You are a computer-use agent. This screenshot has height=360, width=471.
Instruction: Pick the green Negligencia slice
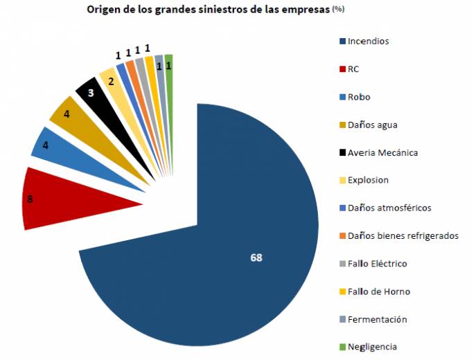(x=169, y=76)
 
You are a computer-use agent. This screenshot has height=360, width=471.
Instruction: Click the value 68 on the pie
(x=256, y=258)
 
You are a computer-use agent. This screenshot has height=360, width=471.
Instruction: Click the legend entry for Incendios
(x=368, y=41)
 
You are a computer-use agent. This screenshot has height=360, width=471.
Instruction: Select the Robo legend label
(x=359, y=96)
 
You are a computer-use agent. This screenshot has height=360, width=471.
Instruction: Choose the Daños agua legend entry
(x=373, y=125)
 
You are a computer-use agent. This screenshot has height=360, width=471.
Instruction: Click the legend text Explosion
(x=368, y=180)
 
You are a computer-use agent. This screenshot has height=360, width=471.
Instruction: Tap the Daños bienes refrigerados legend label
(x=403, y=236)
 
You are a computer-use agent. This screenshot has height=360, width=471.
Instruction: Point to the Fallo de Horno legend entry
(x=379, y=291)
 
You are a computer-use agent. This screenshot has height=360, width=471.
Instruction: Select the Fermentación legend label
(x=377, y=319)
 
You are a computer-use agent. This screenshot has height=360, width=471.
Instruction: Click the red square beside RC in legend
(x=343, y=69)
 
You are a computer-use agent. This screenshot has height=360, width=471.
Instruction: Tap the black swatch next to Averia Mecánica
(x=343, y=153)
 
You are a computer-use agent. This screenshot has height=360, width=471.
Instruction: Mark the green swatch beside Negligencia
(x=343, y=348)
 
